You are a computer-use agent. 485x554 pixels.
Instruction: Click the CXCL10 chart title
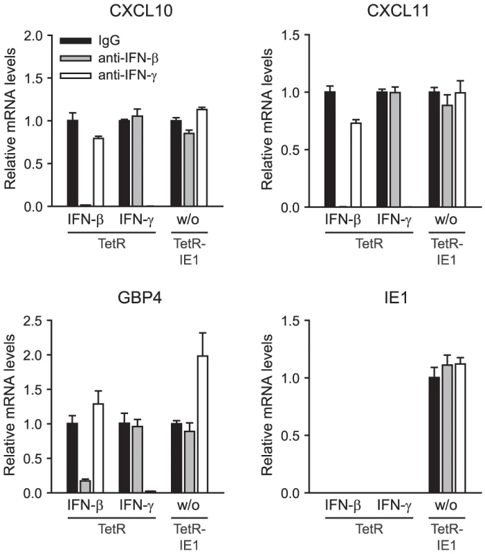[x=141, y=10]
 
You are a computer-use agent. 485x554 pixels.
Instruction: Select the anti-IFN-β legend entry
[x=109, y=58]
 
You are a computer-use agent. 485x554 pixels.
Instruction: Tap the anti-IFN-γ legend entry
[x=109, y=75]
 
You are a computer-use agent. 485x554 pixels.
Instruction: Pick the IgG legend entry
[x=90, y=41]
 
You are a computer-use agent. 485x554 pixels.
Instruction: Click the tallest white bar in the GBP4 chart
[x=202, y=424]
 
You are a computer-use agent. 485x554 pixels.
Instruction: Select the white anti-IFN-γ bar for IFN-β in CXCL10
[x=98, y=172]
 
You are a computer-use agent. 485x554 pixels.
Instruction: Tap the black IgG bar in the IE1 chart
[x=434, y=435]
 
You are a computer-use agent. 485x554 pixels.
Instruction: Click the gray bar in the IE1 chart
[x=447, y=429]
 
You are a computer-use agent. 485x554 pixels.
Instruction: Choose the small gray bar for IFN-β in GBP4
[x=85, y=487]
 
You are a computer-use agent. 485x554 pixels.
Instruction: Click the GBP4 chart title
[x=140, y=298]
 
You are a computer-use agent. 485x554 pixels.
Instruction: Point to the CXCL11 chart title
[x=398, y=10]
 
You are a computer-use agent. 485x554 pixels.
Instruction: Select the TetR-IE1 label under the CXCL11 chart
[x=447, y=251]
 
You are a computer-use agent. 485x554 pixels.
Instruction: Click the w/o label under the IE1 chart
[x=446, y=506]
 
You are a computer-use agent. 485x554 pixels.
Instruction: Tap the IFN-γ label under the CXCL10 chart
[x=136, y=220]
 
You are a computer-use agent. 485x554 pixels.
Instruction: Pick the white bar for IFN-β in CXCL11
[x=356, y=165]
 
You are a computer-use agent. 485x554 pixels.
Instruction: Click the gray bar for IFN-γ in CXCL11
[x=395, y=150]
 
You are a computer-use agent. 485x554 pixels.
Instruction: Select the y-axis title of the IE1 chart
[x=267, y=404]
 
